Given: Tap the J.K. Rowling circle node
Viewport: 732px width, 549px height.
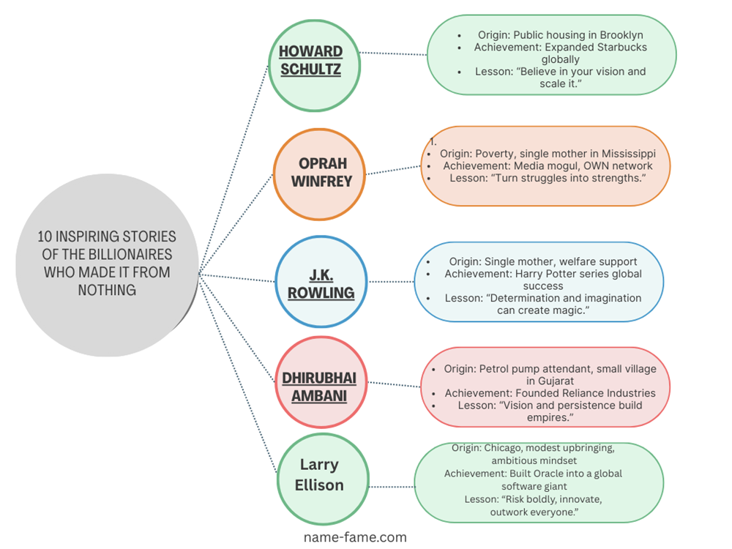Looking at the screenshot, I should pos(320,283).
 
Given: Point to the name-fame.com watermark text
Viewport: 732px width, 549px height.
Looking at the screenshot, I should pos(355,537).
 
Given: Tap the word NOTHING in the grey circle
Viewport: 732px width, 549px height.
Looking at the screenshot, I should pos(107,290).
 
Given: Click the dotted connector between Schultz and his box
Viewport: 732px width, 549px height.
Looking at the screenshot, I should pos(394,53).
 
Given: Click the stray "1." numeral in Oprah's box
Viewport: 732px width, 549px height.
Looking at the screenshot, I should pos(433,142).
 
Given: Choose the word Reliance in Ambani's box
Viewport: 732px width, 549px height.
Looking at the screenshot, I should pos(568,393).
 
